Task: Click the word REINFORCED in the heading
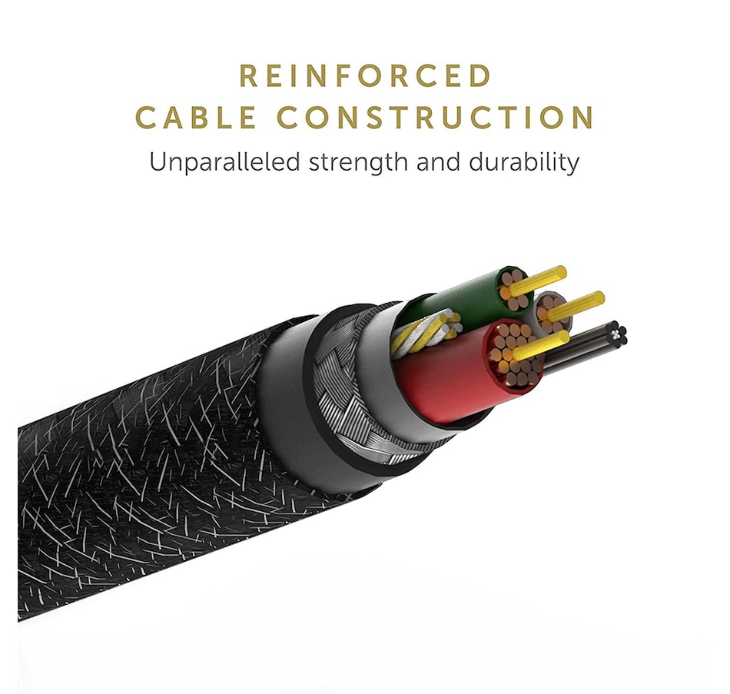[365, 77]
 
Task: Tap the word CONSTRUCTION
[436, 118]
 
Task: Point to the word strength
[352, 163]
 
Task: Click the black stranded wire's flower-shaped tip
[618, 334]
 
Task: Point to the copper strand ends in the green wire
[513, 286]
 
